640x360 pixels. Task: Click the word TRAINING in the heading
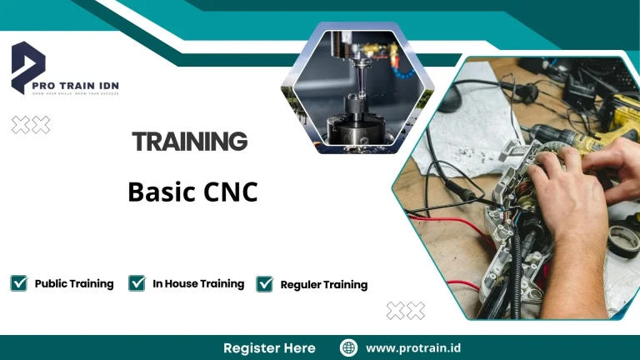190,142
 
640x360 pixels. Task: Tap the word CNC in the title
230,192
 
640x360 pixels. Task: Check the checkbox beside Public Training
18,283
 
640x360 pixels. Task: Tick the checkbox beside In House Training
137,283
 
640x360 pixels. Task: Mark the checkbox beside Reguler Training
265,284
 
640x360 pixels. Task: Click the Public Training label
74,283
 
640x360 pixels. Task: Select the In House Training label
198,283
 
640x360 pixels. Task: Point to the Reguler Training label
324,284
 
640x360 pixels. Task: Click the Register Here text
269,347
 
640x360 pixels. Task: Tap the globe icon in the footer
349,347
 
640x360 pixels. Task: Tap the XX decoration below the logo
31,125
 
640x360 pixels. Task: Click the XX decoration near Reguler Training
406,311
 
